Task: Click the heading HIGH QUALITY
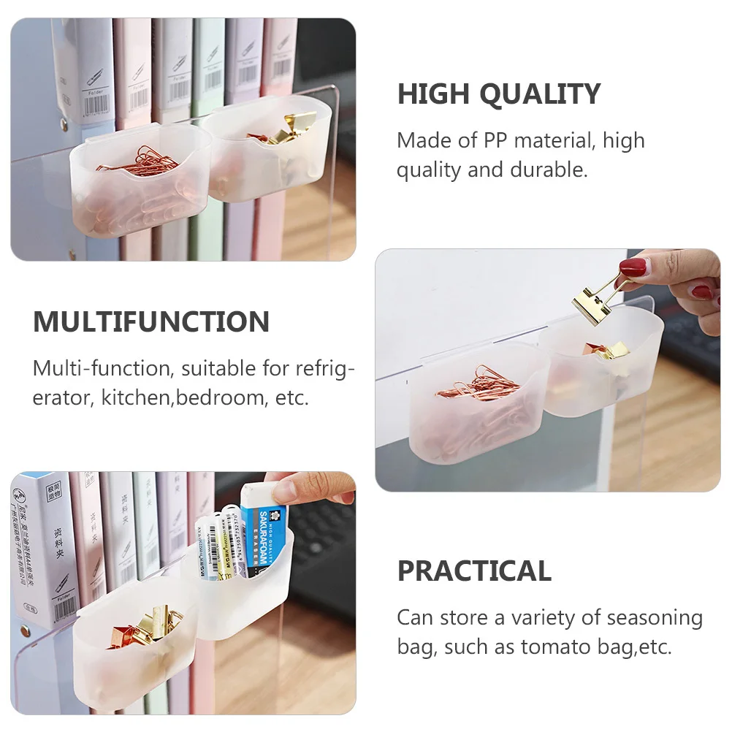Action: (x=498, y=94)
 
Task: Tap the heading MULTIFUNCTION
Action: (x=151, y=322)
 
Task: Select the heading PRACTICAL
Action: (x=474, y=571)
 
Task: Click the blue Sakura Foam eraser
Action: (x=264, y=536)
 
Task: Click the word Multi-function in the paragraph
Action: (x=102, y=368)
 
